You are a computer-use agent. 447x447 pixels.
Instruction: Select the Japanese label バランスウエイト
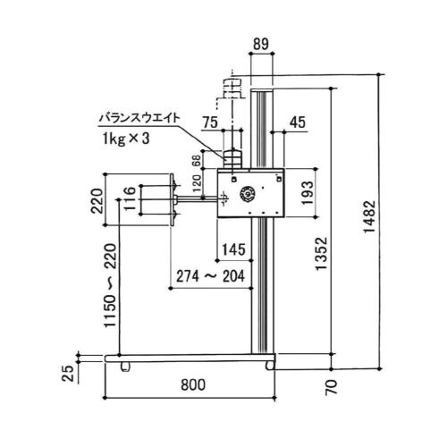pos(140,116)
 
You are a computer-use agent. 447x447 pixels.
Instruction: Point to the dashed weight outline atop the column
pos(231,88)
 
